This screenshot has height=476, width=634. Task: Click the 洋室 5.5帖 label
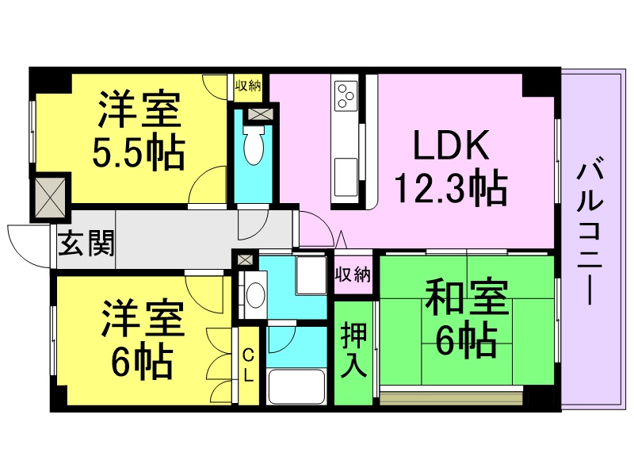tap(141, 131)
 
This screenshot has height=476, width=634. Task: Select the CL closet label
tap(248, 366)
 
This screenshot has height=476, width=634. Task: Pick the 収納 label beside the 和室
tap(353, 274)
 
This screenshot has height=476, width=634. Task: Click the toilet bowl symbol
tap(253, 148)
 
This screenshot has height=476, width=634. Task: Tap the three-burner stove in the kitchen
tap(346, 95)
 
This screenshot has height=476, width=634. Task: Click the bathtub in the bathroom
tap(296, 387)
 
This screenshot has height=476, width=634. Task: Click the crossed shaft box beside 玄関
tap(49, 197)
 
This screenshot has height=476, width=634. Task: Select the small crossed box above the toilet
tap(259, 113)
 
